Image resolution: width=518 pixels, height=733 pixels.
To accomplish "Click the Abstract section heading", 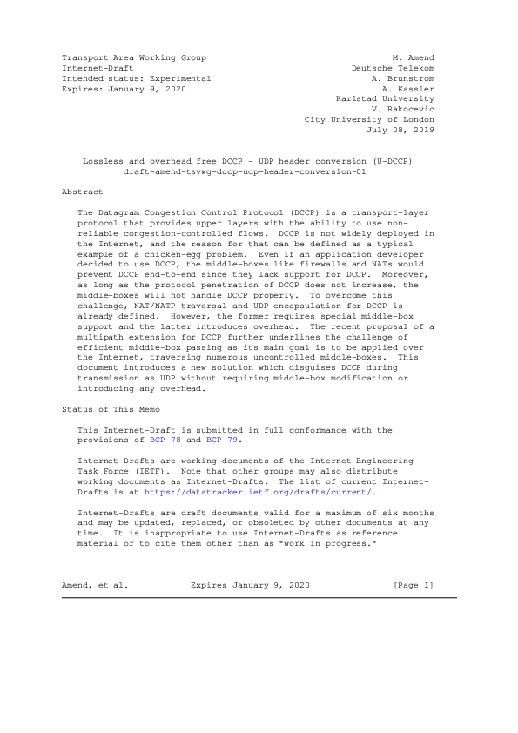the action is pyautogui.click(x=83, y=192).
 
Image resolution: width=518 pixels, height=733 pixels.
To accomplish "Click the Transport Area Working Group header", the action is pyautogui.click(x=134, y=57).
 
